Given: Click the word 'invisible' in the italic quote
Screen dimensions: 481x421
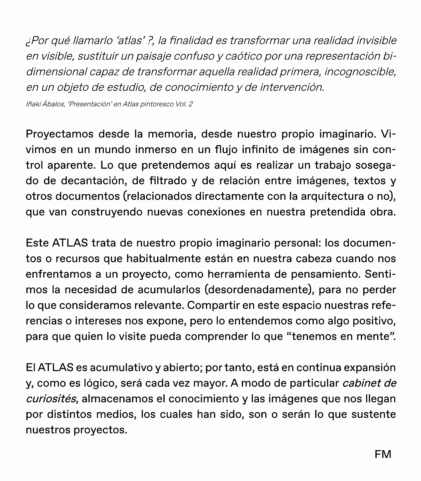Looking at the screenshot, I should click(376, 41).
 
